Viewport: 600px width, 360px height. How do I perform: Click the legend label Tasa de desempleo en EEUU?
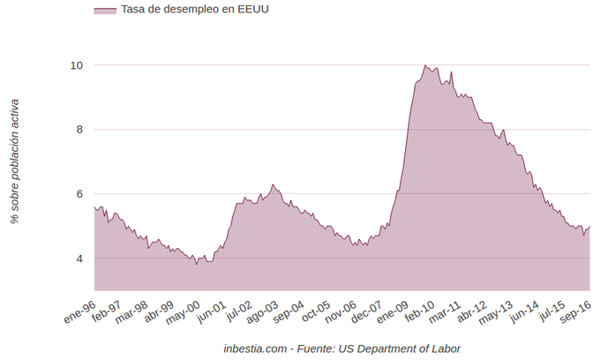[x=195, y=10]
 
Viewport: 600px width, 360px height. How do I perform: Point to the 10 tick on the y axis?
[x=77, y=65]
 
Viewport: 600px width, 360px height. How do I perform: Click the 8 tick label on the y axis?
[x=79, y=130]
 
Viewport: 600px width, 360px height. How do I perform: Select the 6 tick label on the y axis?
[x=79, y=194]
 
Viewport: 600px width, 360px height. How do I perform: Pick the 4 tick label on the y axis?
[x=79, y=259]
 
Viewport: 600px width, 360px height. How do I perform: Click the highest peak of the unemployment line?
[x=425, y=65]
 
